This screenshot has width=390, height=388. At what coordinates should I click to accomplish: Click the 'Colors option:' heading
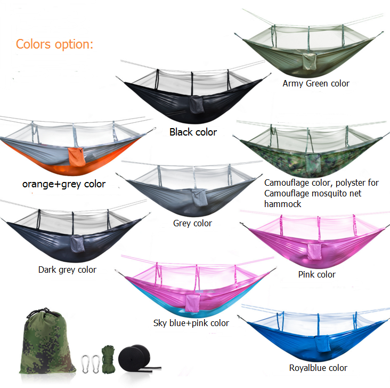tap(54, 45)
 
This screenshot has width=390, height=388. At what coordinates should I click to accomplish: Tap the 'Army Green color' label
tap(316, 83)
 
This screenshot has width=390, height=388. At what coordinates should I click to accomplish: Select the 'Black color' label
tap(193, 132)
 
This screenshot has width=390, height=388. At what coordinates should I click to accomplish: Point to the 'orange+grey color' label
tap(64, 184)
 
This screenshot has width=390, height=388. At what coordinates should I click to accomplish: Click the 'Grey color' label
tap(192, 223)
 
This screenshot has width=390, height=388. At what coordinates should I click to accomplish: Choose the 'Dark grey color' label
tap(67, 270)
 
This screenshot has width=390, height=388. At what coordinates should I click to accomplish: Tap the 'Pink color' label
tap(316, 274)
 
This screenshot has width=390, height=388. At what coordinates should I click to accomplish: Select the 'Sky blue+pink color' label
tap(191, 323)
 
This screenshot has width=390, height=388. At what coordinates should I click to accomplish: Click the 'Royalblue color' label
tap(318, 368)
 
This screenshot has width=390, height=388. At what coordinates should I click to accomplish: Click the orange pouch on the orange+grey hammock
tap(77, 157)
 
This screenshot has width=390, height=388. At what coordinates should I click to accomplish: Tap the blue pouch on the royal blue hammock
tap(323, 343)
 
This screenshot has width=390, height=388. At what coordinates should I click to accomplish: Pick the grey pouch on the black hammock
tap(197, 105)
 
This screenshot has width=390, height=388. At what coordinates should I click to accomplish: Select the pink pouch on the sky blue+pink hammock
tap(192, 303)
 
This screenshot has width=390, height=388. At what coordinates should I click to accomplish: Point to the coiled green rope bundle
tap(108, 359)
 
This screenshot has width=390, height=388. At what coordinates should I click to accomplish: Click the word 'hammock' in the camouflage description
tap(282, 204)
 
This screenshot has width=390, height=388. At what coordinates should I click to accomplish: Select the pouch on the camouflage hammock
tap(313, 163)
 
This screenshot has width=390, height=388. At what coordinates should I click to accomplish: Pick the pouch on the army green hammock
tap(310, 61)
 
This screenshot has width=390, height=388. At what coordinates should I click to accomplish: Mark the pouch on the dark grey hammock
tap(77, 244)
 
